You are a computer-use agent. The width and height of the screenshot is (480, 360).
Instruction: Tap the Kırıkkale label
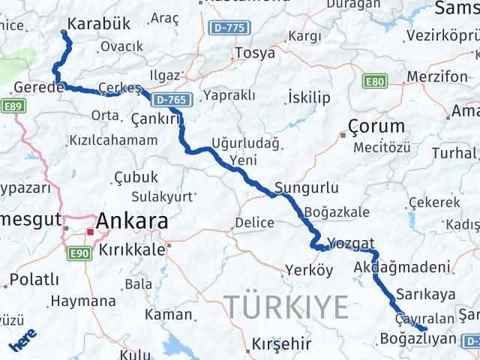[132, 250]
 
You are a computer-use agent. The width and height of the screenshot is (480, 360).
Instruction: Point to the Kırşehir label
[280, 344]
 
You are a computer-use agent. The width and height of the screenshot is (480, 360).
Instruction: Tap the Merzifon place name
[438, 76]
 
